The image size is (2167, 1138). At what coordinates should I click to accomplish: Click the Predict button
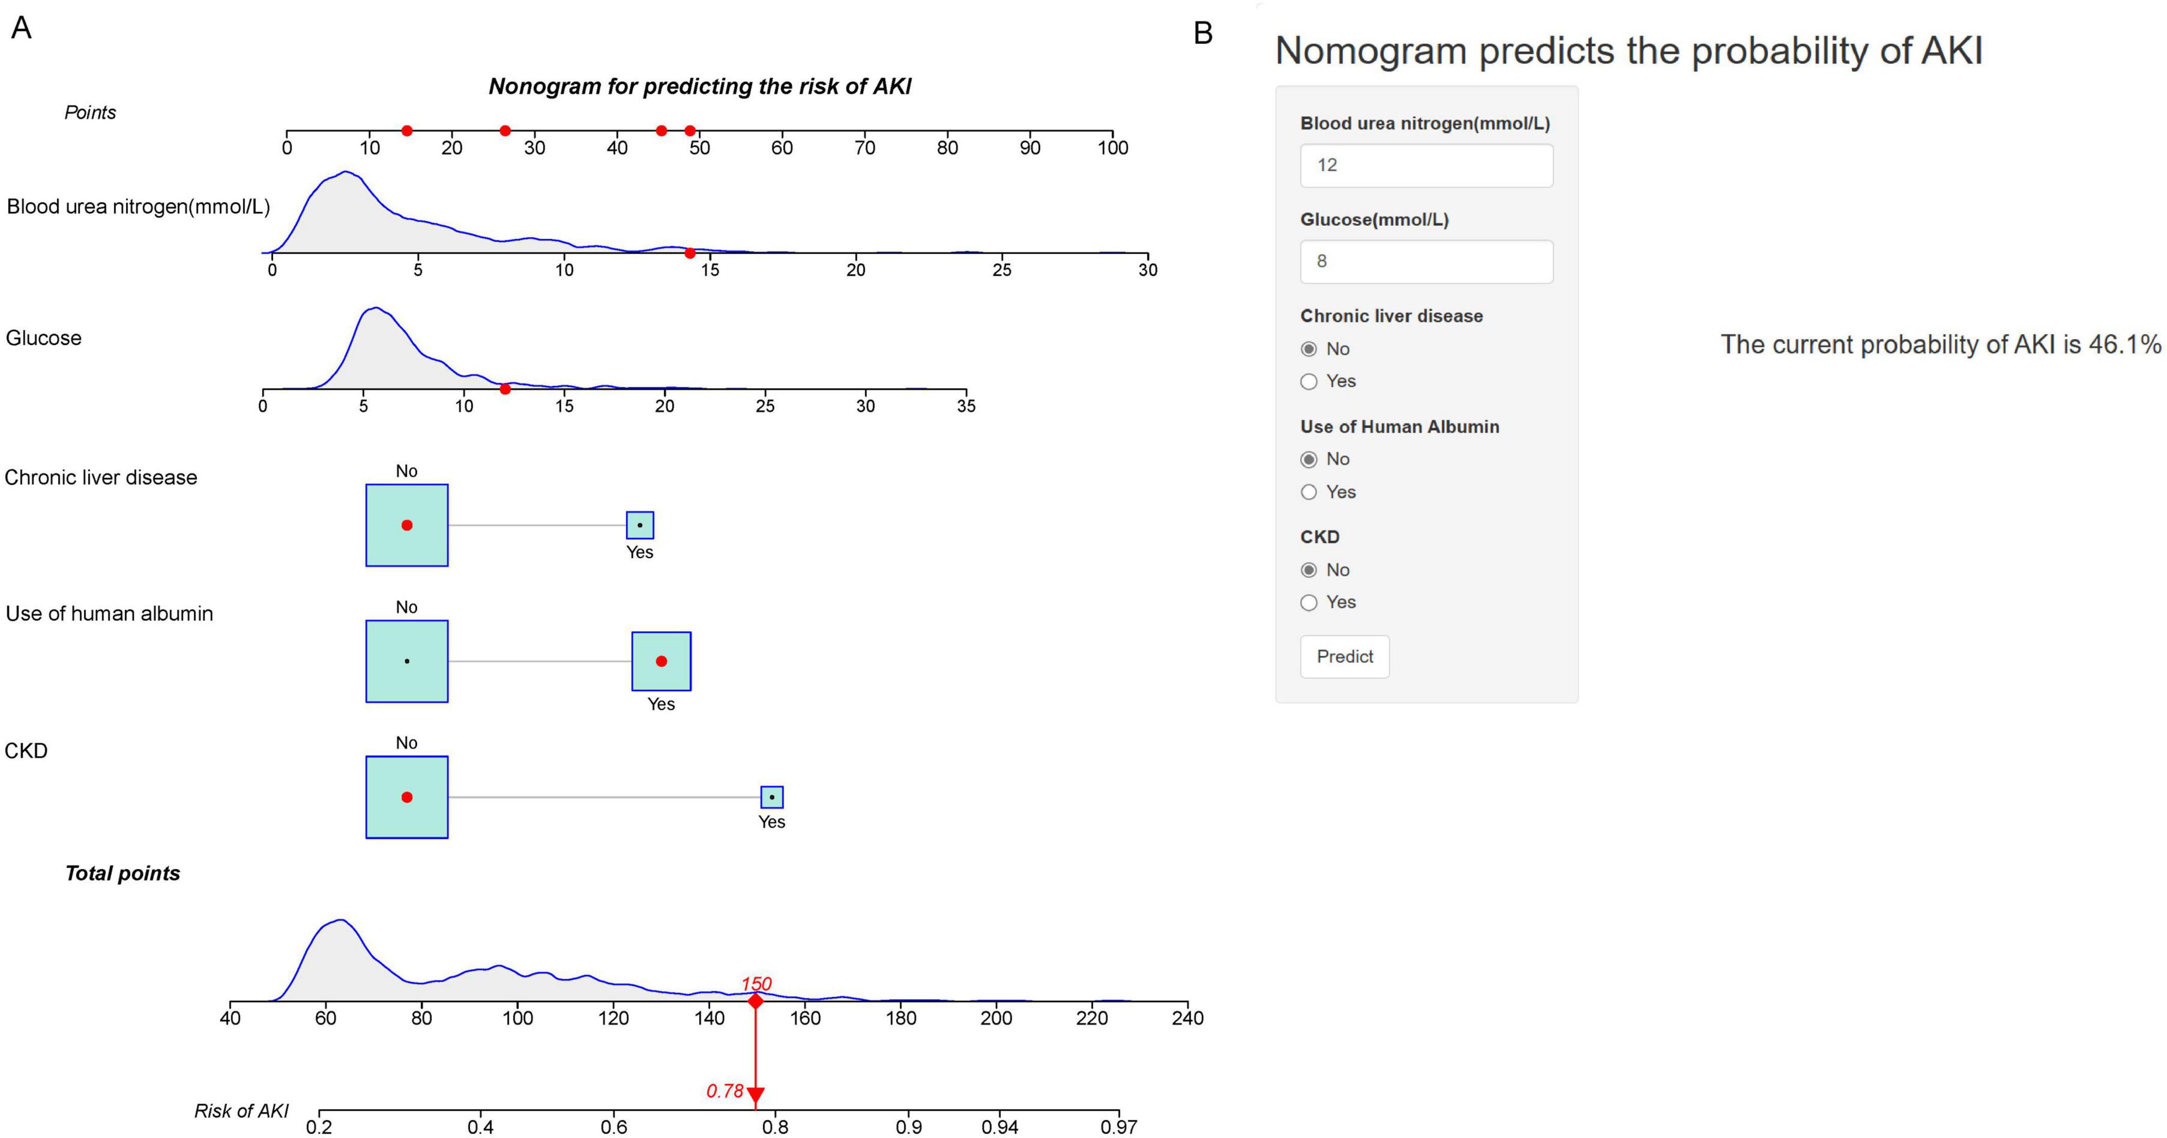[x=1344, y=656]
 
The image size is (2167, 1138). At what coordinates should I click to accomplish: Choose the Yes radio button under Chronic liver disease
[x=1309, y=382]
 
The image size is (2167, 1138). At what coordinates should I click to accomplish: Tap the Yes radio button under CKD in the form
[x=1309, y=602]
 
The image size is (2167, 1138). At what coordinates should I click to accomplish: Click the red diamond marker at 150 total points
[x=755, y=1001]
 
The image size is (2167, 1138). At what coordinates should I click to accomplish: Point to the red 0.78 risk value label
[x=724, y=1091]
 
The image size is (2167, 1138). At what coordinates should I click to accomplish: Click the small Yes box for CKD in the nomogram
[x=771, y=796]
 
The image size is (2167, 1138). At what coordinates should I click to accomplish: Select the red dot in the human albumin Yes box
[x=661, y=661]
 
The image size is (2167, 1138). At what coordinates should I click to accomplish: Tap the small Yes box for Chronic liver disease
[x=640, y=525]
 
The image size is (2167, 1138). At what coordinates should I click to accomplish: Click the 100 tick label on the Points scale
[x=1112, y=148]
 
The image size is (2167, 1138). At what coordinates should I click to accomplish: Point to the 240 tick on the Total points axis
[x=1187, y=1018]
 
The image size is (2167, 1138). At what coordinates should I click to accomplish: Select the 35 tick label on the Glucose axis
[x=966, y=406]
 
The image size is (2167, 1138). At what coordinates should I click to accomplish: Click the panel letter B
[x=1203, y=33]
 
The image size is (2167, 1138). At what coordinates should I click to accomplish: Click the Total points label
[x=123, y=873]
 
